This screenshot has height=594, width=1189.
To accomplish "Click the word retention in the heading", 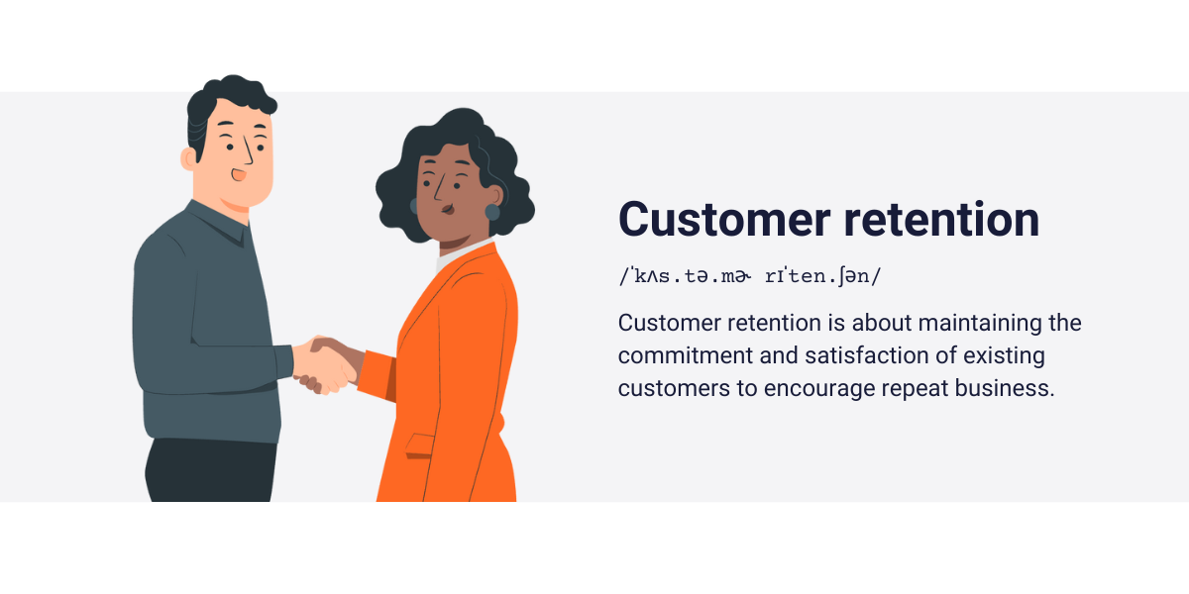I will pyautogui.click(x=941, y=219).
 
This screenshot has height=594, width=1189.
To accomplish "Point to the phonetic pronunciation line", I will pyautogui.click(x=749, y=276).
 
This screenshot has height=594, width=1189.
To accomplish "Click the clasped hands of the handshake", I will pyautogui.click(x=324, y=363).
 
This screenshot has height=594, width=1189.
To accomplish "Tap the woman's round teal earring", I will pyautogui.click(x=492, y=212).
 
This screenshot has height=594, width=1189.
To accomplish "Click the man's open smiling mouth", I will pyautogui.click(x=239, y=175).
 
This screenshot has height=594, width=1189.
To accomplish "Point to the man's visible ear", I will pyautogui.click(x=188, y=158).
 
